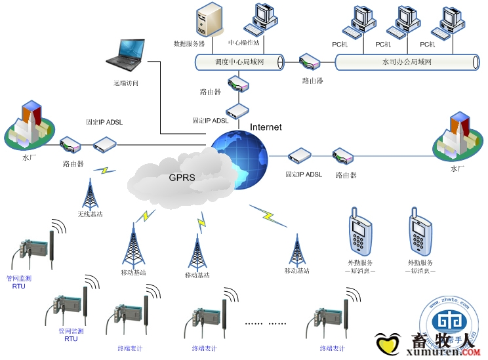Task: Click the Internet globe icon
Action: (239, 160)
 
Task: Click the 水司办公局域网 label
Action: (406, 62)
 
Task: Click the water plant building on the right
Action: (455, 138)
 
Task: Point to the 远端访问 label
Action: (126, 83)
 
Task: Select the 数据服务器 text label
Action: (189, 44)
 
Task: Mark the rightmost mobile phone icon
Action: (418, 233)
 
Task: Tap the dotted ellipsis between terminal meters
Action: (266, 323)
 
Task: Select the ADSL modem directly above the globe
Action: (236, 110)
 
